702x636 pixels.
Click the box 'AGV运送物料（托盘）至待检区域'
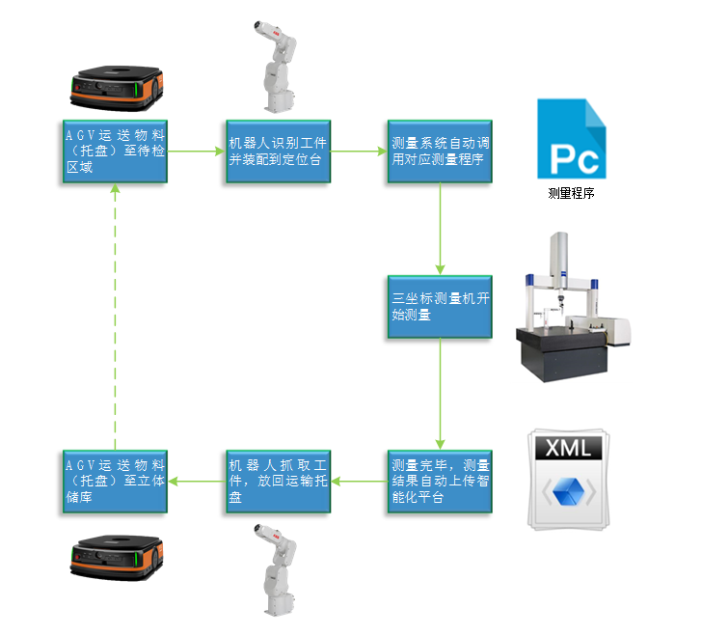115,151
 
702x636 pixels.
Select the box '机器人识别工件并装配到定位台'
278,151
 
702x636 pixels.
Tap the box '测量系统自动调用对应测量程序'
440,151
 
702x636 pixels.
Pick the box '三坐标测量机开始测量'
440,307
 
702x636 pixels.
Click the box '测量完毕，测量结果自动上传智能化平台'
440,481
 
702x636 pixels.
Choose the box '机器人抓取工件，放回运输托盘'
278,481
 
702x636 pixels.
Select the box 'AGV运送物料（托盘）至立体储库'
115,481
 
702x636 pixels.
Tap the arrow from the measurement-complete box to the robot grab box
359,481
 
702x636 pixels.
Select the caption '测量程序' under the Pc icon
570,193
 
